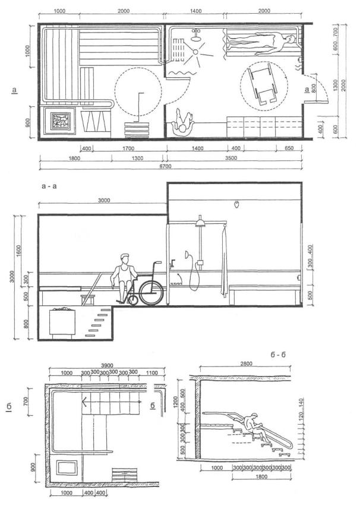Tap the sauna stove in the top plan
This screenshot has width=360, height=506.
(x=60, y=121)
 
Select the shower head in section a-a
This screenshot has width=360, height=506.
(x=201, y=223)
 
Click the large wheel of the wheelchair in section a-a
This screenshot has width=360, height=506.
(x=151, y=293)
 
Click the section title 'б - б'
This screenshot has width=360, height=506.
(x=278, y=355)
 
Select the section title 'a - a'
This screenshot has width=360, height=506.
(x=49, y=186)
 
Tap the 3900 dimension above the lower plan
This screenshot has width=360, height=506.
(x=107, y=366)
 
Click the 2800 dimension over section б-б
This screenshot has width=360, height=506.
(x=246, y=363)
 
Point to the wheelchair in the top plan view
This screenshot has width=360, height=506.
(x=263, y=84)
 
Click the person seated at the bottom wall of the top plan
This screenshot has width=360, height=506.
(x=182, y=124)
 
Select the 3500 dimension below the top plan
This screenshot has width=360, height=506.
(x=231, y=158)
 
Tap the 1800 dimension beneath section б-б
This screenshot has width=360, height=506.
(x=261, y=476)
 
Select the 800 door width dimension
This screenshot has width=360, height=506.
(x=314, y=88)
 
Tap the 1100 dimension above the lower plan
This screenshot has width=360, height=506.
(x=151, y=373)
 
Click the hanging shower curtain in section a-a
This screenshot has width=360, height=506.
(x=224, y=261)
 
